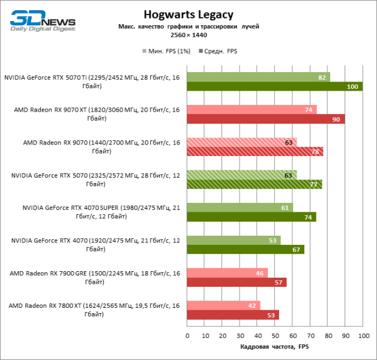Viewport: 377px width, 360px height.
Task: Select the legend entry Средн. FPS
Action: click(x=220, y=52)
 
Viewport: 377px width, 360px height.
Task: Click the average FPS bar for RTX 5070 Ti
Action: click(x=274, y=87)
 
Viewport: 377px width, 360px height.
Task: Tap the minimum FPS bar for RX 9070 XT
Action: click(x=252, y=109)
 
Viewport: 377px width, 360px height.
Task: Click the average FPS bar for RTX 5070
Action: click(x=254, y=184)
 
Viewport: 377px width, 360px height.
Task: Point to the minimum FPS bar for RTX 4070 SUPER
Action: click(x=240, y=207)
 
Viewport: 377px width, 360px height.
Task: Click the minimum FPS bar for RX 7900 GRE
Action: click(x=227, y=272)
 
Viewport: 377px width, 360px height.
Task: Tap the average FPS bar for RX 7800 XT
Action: click(x=233, y=315)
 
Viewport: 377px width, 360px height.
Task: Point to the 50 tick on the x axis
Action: click(x=275, y=335)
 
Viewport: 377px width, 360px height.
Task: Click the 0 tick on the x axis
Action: click(x=187, y=335)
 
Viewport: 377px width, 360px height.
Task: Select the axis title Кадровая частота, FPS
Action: click(x=274, y=347)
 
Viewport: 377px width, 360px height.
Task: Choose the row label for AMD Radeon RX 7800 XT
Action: click(x=94, y=310)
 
